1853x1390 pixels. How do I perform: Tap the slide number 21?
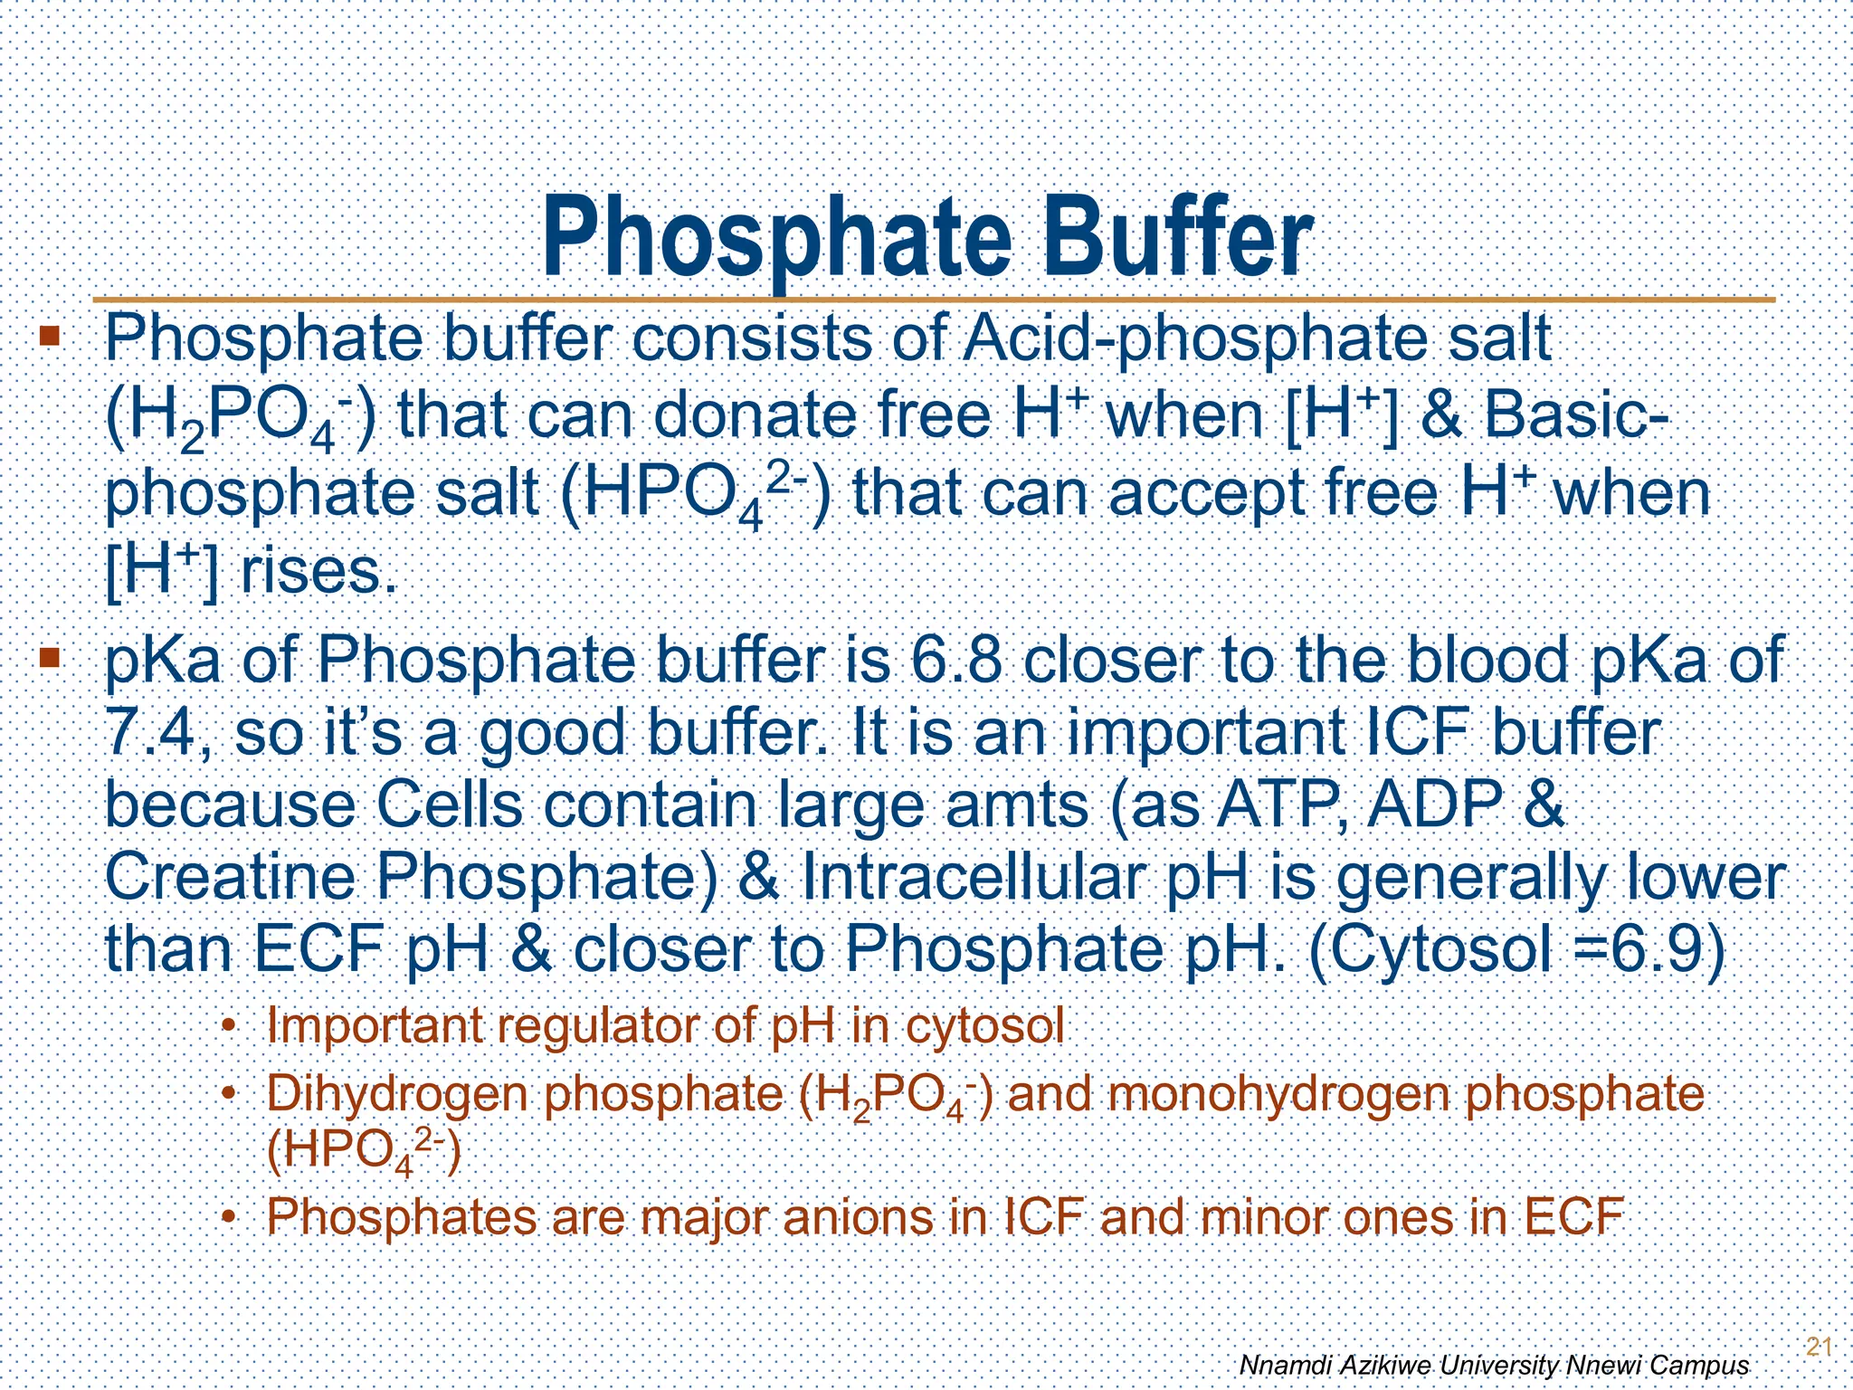click(1819, 1346)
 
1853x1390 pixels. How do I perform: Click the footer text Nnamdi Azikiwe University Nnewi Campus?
click(1493, 1365)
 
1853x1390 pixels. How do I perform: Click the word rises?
click(318, 572)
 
